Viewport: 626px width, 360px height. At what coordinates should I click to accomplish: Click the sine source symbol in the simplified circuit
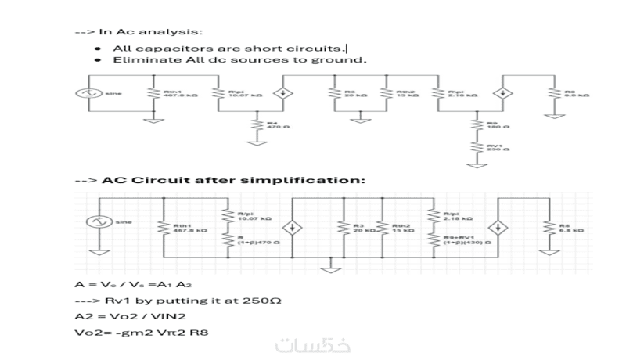click(x=99, y=222)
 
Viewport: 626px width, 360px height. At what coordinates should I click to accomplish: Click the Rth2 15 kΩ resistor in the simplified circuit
click(x=380, y=228)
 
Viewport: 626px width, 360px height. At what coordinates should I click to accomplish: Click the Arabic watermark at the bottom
click(x=313, y=345)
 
